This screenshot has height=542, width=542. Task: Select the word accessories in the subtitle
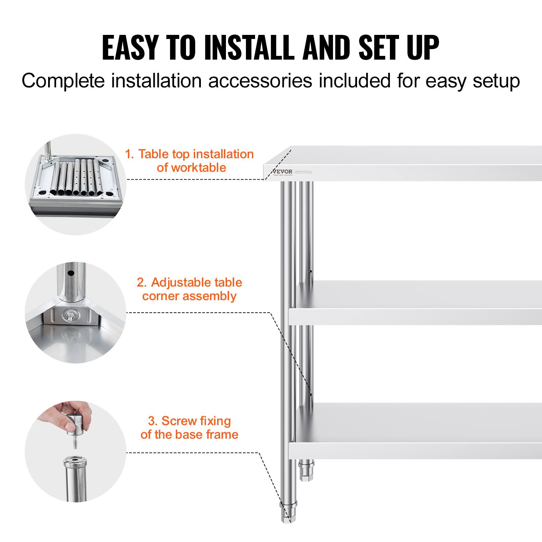point(260,81)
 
